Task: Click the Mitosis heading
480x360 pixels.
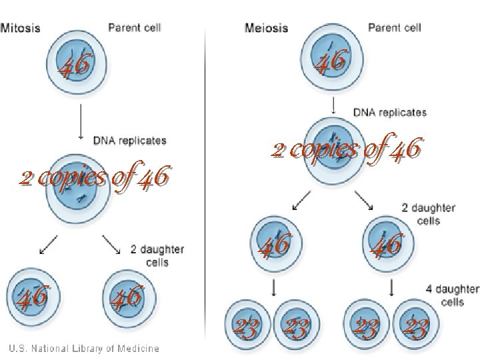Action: tap(21, 28)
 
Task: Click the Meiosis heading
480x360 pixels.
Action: tap(266, 28)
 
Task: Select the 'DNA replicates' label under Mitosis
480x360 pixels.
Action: tap(129, 141)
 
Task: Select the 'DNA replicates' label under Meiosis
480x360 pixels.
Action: tap(389, 113)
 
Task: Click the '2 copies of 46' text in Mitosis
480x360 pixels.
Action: tap(95, 178)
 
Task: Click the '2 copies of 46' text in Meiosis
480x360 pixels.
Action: tap(346, 150)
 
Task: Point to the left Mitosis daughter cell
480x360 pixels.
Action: tap(33, 295)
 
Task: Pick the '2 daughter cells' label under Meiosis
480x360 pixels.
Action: tap(429, 214)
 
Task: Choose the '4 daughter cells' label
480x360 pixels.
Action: tap(453, 295)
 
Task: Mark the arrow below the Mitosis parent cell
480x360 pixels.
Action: tap(81, 119)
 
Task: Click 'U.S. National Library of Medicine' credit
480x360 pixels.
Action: tap(84, 348)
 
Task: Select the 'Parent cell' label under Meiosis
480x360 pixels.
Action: tap(395, 28)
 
